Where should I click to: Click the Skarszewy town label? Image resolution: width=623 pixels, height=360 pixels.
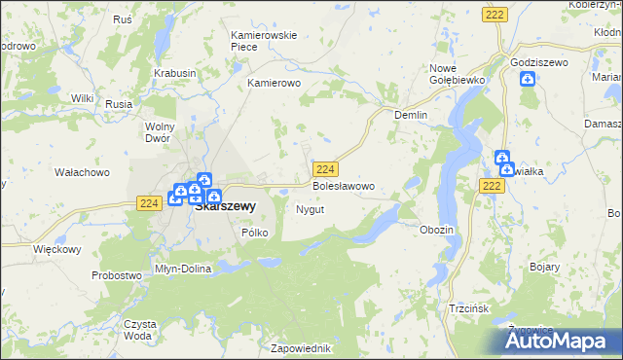[225, 206]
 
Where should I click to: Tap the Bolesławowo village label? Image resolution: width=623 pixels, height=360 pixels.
[342, 185]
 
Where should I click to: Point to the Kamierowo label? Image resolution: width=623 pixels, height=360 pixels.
[275, 84]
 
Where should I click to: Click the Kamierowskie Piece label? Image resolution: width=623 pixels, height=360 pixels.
[263, 41]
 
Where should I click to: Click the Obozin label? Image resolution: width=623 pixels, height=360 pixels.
[436, 230]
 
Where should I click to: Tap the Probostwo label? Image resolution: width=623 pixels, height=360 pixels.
[117, 275]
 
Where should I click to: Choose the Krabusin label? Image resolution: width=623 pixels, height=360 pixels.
[175, 73]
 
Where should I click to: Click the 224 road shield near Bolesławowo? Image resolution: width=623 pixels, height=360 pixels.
[326, 168]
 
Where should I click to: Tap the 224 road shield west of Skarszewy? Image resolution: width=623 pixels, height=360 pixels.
[148, 202]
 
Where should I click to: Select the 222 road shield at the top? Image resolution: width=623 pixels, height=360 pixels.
[495, 13]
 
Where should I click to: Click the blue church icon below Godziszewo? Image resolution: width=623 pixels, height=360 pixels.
[528, 79]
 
